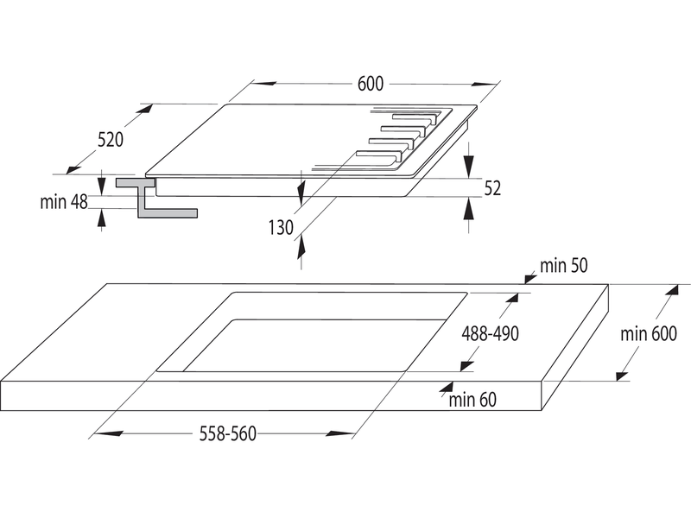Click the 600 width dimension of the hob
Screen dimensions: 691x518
[x=371, y=84]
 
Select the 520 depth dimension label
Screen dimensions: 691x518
[x=111, y=140]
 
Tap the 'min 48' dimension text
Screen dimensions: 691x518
[x=64, y=202]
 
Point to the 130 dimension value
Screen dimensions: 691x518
[x=281, y=228]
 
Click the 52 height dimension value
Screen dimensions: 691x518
[x=492, y=188]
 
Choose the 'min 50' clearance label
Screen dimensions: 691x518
[x=564, y=266]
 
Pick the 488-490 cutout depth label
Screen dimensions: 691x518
[x=490, y=334]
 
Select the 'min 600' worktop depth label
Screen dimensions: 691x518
[x=649, y=334]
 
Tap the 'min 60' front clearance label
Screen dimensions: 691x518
[x=472, y=400]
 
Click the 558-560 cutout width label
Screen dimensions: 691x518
[x=228, y=434]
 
